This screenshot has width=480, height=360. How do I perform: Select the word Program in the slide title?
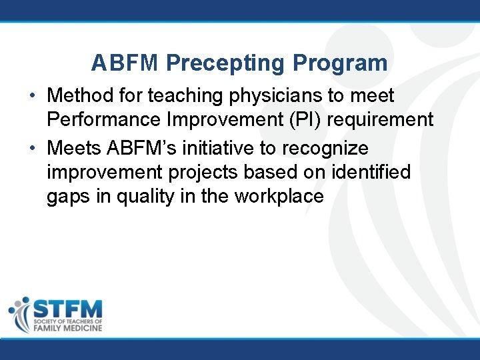[340, 63]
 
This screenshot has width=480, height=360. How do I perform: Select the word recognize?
[329, 147]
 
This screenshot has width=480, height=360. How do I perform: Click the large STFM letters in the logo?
[67, 309]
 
